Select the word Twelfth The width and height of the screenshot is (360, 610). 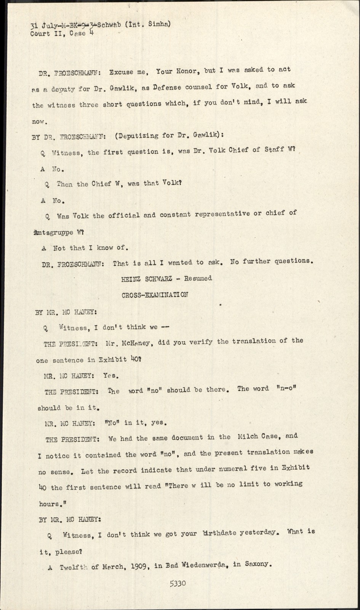(74, 567)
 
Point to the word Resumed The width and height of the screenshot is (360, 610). (198, 278)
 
